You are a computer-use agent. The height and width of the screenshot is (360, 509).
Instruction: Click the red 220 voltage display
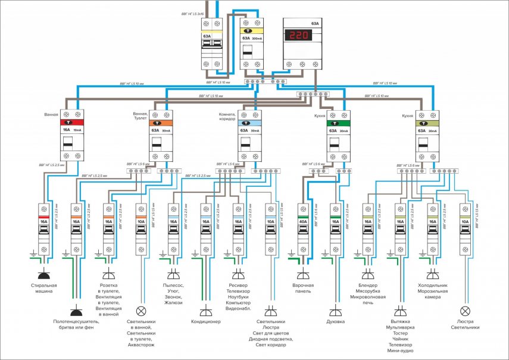(x=298, y=36)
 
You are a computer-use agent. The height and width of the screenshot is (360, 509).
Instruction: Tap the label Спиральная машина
(x=43, y=289)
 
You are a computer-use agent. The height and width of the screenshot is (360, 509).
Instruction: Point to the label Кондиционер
(x=205, y=322)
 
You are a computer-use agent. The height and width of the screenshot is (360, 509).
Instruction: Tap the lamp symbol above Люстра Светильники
(x=466, y=311)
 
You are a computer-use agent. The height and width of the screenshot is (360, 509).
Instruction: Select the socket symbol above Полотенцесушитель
(x=76, y=311)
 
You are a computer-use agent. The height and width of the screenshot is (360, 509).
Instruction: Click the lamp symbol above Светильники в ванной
(x=141, y=311)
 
